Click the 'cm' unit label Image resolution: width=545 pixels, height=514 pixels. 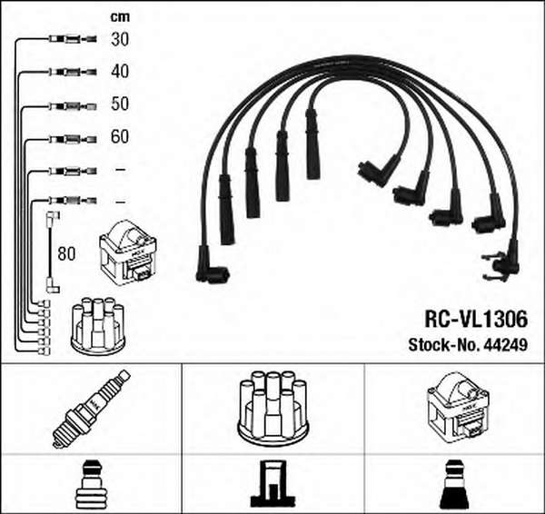[x=120, y=16]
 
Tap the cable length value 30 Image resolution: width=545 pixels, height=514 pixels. [x=120, y=39]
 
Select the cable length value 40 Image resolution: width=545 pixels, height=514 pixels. [x=120, y=71]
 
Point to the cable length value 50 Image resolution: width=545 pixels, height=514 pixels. [x=120, y=104]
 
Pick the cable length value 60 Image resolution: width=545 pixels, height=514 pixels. [x=120, y=136]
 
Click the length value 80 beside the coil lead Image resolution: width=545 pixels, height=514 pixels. [x=66, y=253]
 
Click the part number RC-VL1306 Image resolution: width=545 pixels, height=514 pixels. [x=476, y=319]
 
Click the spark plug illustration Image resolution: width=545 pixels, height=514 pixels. [x=92, y=409]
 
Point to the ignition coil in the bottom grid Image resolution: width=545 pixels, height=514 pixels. [x=458, y=408]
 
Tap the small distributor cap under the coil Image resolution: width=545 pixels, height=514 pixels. [x=98, y=326]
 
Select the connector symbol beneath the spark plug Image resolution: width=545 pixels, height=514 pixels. [x=91, y=484]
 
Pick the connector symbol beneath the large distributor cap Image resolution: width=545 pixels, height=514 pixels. [x=273, y=483]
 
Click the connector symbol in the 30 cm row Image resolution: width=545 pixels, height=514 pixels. [x=73, y=39]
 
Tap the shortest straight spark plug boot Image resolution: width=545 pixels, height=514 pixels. [x=312, y=143]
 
